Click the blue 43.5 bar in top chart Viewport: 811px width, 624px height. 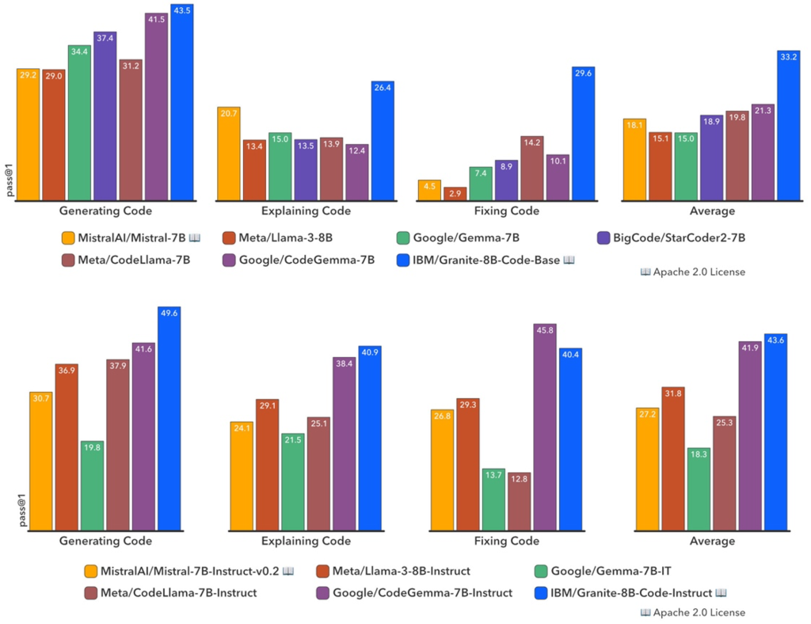pyautogui.click(x=181, y=103)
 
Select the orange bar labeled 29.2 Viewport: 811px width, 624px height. pyautogui.click(x=29, y=135)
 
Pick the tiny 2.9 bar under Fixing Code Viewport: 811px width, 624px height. pyautogui.click(x=455, y=193)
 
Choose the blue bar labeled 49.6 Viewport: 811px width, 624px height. pyautogui.click(x=169, y=420)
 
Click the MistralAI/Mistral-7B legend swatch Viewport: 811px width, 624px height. pyautogui.click(x=68, y=238)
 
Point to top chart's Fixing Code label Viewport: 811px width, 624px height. pyautogui.click(x=506, y=211)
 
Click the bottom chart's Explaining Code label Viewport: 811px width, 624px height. pyautogui.click(x=305, y=542)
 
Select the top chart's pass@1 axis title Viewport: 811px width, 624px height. pyautogui.click(x=10, y=181)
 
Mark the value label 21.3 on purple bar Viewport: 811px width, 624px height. pyautogui.click(x=763, y=111)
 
